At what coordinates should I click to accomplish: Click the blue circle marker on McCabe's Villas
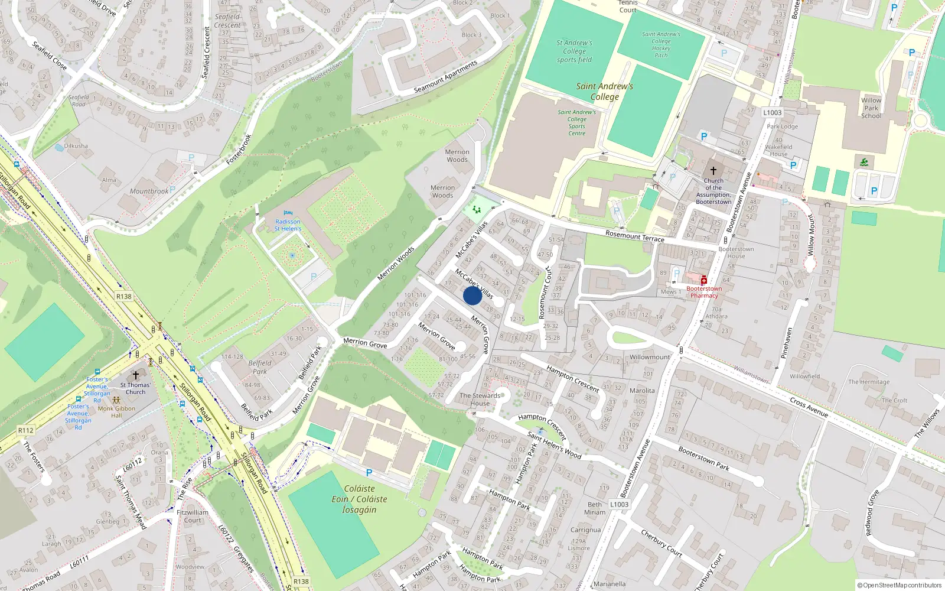click(x=472, y=295)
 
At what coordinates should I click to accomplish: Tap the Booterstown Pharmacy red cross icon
click(x=703, y=280)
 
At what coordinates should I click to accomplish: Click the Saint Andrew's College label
click(x=604, y=92)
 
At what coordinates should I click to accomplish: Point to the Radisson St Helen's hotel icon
click(x=288, y=213)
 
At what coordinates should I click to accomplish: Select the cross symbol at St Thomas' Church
click(x=135, y=375)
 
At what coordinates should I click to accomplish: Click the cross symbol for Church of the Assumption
click(x=713, y=170)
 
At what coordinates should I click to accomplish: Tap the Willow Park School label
click(x=871, y=108)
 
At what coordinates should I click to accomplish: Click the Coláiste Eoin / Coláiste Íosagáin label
click(x=359, y=499)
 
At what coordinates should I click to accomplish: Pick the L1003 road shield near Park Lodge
click(x=772, y=112)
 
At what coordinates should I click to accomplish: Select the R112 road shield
click(x=25, y=430)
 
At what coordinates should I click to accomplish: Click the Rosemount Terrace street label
click(x=634, y=236)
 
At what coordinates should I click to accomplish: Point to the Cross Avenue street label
click(x=809, y=407)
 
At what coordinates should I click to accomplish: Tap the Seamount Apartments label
click(x=445, y=77)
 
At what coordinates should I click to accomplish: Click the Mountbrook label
click(x=149, y=191)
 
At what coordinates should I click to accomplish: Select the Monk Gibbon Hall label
click(x=116, y=412)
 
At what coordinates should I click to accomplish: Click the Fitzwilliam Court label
click(x=193, y=517)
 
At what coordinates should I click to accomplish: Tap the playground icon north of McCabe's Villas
click(x=477, y=209)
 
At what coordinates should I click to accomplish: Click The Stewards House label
click(x=480, y=400)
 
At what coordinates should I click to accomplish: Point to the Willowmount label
click(x=650, y=357)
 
